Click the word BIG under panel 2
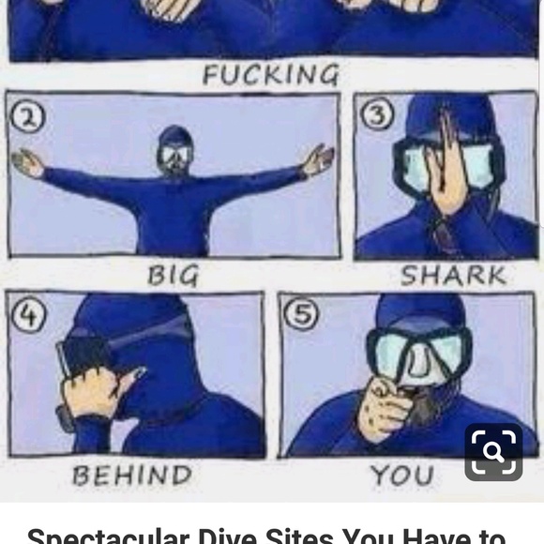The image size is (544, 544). coord(174,276)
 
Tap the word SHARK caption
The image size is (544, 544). coord(453,276)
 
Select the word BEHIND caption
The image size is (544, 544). coord(132,475)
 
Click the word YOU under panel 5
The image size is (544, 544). coord(401,475)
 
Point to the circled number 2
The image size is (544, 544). coord(28,118)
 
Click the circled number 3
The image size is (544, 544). coord(377,113)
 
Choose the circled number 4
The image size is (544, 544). coord(28,316)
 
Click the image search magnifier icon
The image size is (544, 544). coord(493,452)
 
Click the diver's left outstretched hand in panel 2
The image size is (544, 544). coord(27,163)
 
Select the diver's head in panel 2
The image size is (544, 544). coord(174,150)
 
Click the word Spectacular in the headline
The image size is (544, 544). coord(108,536)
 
